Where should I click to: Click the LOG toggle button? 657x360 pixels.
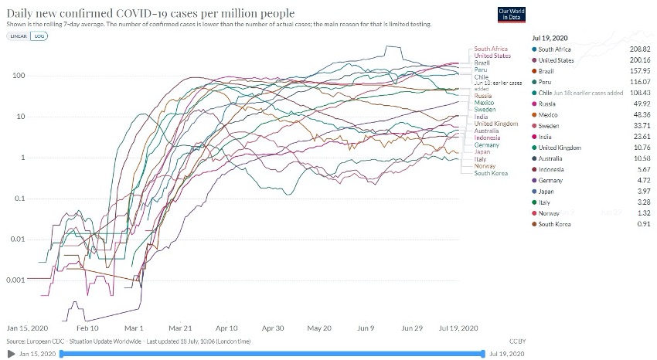point(36,36)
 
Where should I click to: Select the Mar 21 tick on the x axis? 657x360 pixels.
point(180,328)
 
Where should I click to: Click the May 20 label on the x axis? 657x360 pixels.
point(319,328)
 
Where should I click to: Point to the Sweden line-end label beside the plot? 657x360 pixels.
point(485,110)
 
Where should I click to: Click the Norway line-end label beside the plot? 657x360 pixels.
point(485,165)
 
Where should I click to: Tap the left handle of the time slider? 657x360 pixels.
point(60,354)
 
